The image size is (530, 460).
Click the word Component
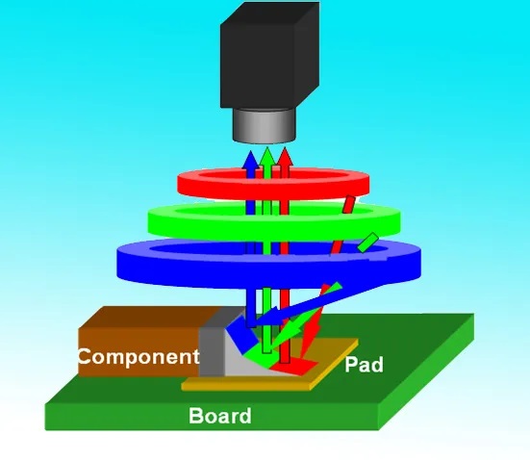[139, 356]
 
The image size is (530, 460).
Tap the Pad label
[364, 365]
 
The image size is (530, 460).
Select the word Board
[220, 416]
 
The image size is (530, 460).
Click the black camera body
[269, 56]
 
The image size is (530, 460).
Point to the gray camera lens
[265, 126]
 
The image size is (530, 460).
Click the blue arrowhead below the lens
[251, 160]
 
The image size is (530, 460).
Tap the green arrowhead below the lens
[267, 156]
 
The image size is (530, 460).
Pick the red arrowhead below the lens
[285, 156]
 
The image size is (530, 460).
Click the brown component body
[142, 342]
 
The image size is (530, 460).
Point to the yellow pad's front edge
[247, 386]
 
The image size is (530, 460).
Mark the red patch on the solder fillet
[294, 367]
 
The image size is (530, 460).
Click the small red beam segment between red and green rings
[348, 205]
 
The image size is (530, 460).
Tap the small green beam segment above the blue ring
[367, 243]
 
